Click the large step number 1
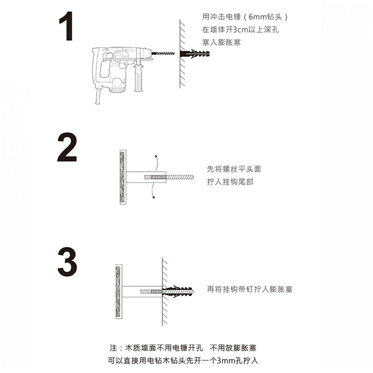(x=66, y=26)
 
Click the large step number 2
(x=67, y=147)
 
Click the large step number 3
(x=67, y=262)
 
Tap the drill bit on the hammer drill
(x=163, y=53)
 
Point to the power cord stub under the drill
(x=98, y=97)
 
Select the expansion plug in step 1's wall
(x=195, y=54)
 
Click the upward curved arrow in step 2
(x=157, y=162)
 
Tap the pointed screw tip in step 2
(x=192, y=177)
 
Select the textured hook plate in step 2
(x=123, y=177)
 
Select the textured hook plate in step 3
(x=119, y=291)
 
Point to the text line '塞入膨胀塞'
(x=221, y=42)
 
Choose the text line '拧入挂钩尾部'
(x=230, y=182)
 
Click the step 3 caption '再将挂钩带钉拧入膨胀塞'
(x=249, y=289)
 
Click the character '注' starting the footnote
(x=113, y=348)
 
